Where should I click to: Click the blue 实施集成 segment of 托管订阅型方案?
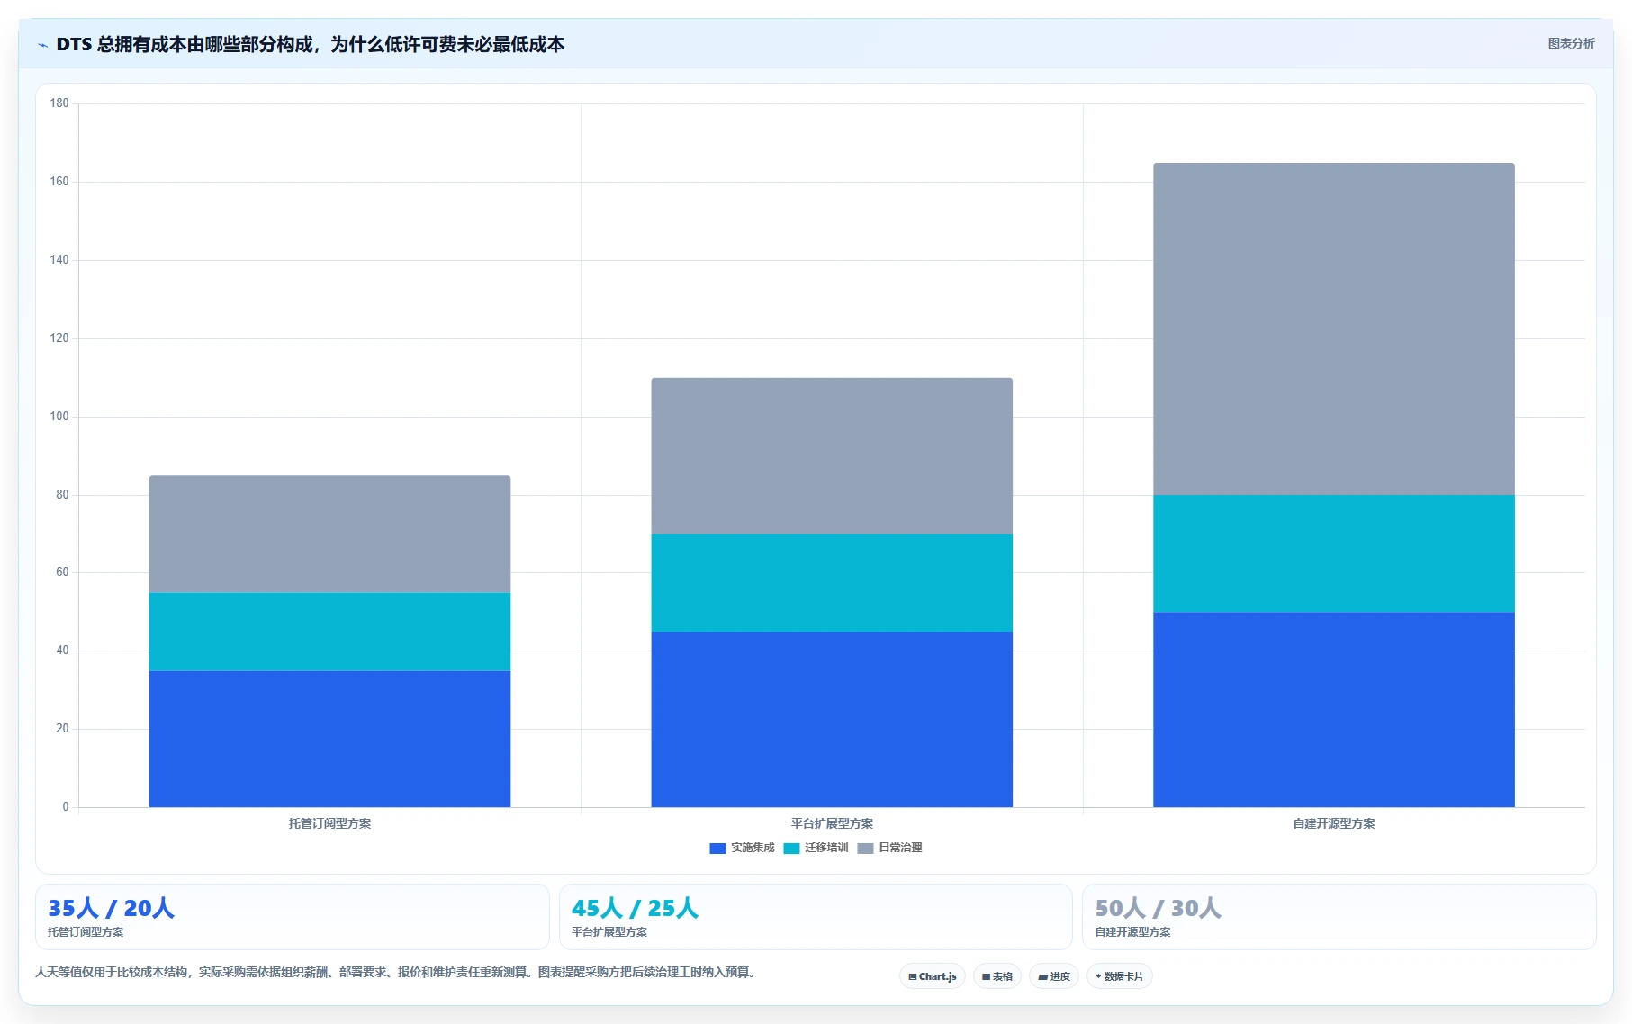tap(329, 739)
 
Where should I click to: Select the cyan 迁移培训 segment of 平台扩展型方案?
tap(832, 583)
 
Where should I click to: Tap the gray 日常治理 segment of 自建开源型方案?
tap(1334, 329)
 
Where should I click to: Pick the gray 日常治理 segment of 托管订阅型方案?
tap(329, 534)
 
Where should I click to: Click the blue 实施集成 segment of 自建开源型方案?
tap(1334, 710)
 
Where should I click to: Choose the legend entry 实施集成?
tap(742, 848)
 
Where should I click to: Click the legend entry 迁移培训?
tap(816, 848)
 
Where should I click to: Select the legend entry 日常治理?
tap(889, 848)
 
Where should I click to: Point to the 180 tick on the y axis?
tap(59, 103)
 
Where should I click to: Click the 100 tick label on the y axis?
tap(59, 417)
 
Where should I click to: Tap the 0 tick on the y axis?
tap(65, 807)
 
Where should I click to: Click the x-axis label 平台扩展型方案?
tap(832, 823)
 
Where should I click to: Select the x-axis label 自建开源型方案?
tap(1334, 823)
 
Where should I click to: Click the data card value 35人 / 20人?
tap(111, 908)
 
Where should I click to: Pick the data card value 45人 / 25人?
tap(635, 908)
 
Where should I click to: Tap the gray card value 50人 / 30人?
tap(1158, 908)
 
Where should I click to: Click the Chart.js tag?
tap(933, 976)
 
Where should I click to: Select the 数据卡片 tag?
tap(1120, 976)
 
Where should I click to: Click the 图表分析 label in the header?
tap(1571, 44)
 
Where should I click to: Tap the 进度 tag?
tap(1054, 976)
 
